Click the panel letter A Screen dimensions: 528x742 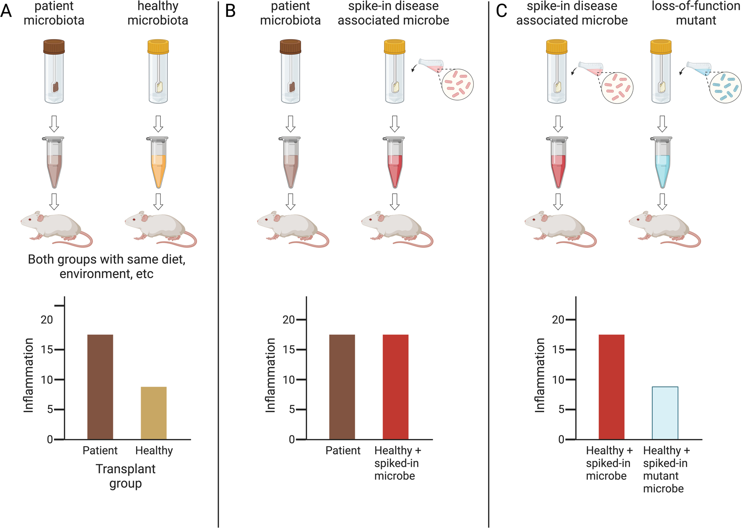coord(6,11)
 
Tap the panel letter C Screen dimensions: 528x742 coord(501,11)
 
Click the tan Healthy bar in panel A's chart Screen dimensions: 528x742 coord(154,413)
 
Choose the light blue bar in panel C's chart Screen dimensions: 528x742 coord(665,413)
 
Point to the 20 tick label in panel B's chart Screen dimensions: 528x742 coord(289,319)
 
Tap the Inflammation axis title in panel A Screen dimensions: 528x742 coord(28,375)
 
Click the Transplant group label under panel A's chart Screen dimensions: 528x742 coord(126,476)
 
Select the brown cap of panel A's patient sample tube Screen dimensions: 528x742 coord(54,47)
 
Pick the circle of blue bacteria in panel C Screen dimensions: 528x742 coord(726,87)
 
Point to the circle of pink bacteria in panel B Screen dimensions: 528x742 coord(458,85)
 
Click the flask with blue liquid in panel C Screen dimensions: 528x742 coord(699,67)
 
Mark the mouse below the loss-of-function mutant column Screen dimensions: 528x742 coord(664,229)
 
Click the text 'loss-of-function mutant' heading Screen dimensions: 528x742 coord(696,13)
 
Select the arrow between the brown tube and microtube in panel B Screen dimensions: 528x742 coord(291,123)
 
